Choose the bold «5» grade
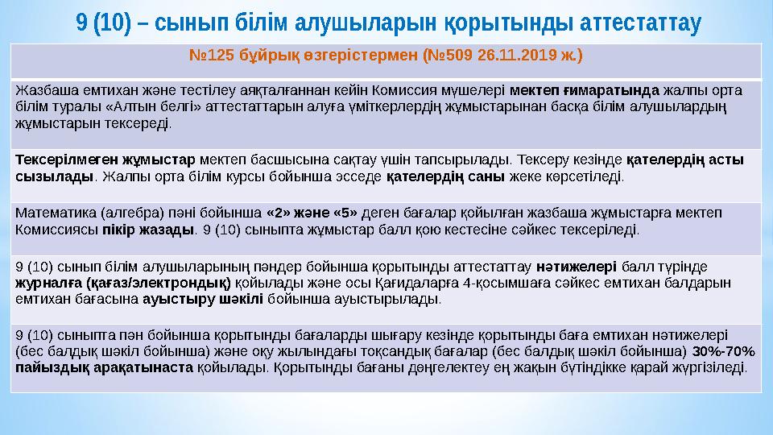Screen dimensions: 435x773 [x=341, y=213]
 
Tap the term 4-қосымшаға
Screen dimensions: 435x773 [x=503, y=283]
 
